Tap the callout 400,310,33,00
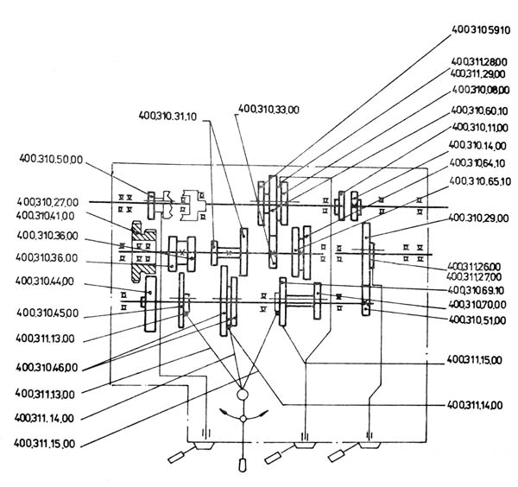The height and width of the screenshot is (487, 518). pyautogui.click(x=268, y=109)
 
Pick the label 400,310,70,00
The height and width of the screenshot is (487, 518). pyautogui.click(x=479, y=306)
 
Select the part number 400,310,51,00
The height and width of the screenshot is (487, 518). pyautogui.click(x=479, y=319)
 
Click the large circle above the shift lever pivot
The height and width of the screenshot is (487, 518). pyautogui.click(x=243, y=395)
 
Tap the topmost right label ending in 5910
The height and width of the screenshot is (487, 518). pyautogui.click(x=481, y=28)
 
